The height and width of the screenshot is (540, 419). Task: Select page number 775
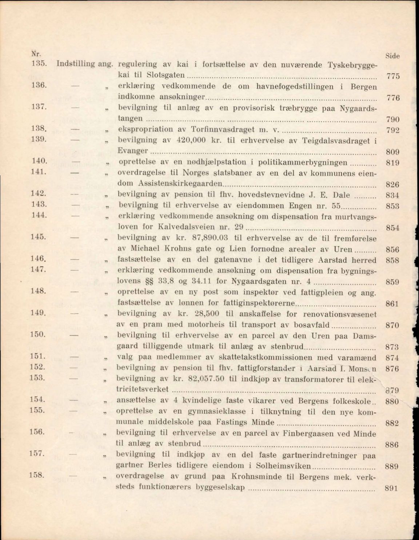392,76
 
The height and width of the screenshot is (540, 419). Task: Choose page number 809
392,152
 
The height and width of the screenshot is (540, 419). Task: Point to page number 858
392,260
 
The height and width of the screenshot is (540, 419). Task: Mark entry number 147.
38,269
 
